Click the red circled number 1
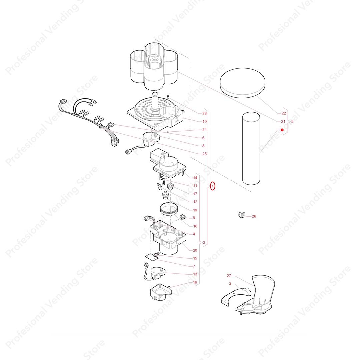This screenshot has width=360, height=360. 213,186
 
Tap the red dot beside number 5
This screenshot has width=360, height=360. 282,130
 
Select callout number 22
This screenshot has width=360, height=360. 283,113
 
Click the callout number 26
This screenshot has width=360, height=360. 254,216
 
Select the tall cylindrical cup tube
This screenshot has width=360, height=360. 251,148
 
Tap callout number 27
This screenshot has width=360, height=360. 229,276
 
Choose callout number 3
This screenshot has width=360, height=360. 230,284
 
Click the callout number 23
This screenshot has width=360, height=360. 195,113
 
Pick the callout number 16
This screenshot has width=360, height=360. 195,282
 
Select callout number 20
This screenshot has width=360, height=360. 195,250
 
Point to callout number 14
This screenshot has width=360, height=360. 195,178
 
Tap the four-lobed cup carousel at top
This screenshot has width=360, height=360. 153,67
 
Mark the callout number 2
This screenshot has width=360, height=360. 204,242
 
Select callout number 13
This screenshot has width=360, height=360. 195,274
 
